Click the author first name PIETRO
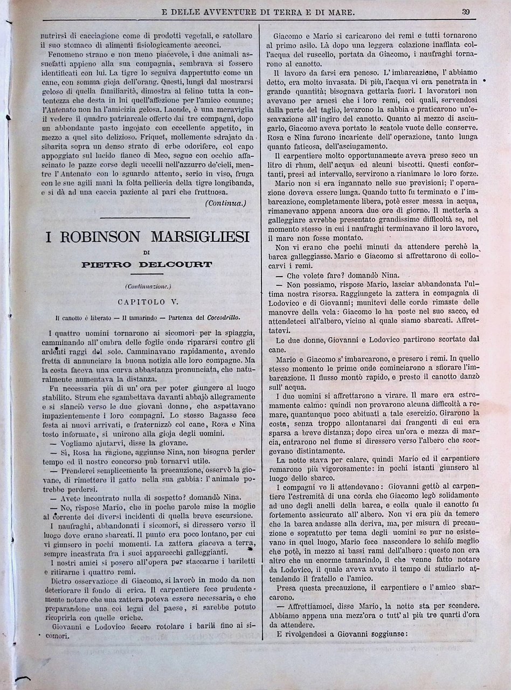pyautogui.click(x=107, y=265)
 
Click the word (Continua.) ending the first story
pyautogui.click(x=225, y=203)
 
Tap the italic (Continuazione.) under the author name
pyautogui.click(x=148, y=286)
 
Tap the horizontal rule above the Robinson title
pyautogui.click(x=145, y=217)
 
